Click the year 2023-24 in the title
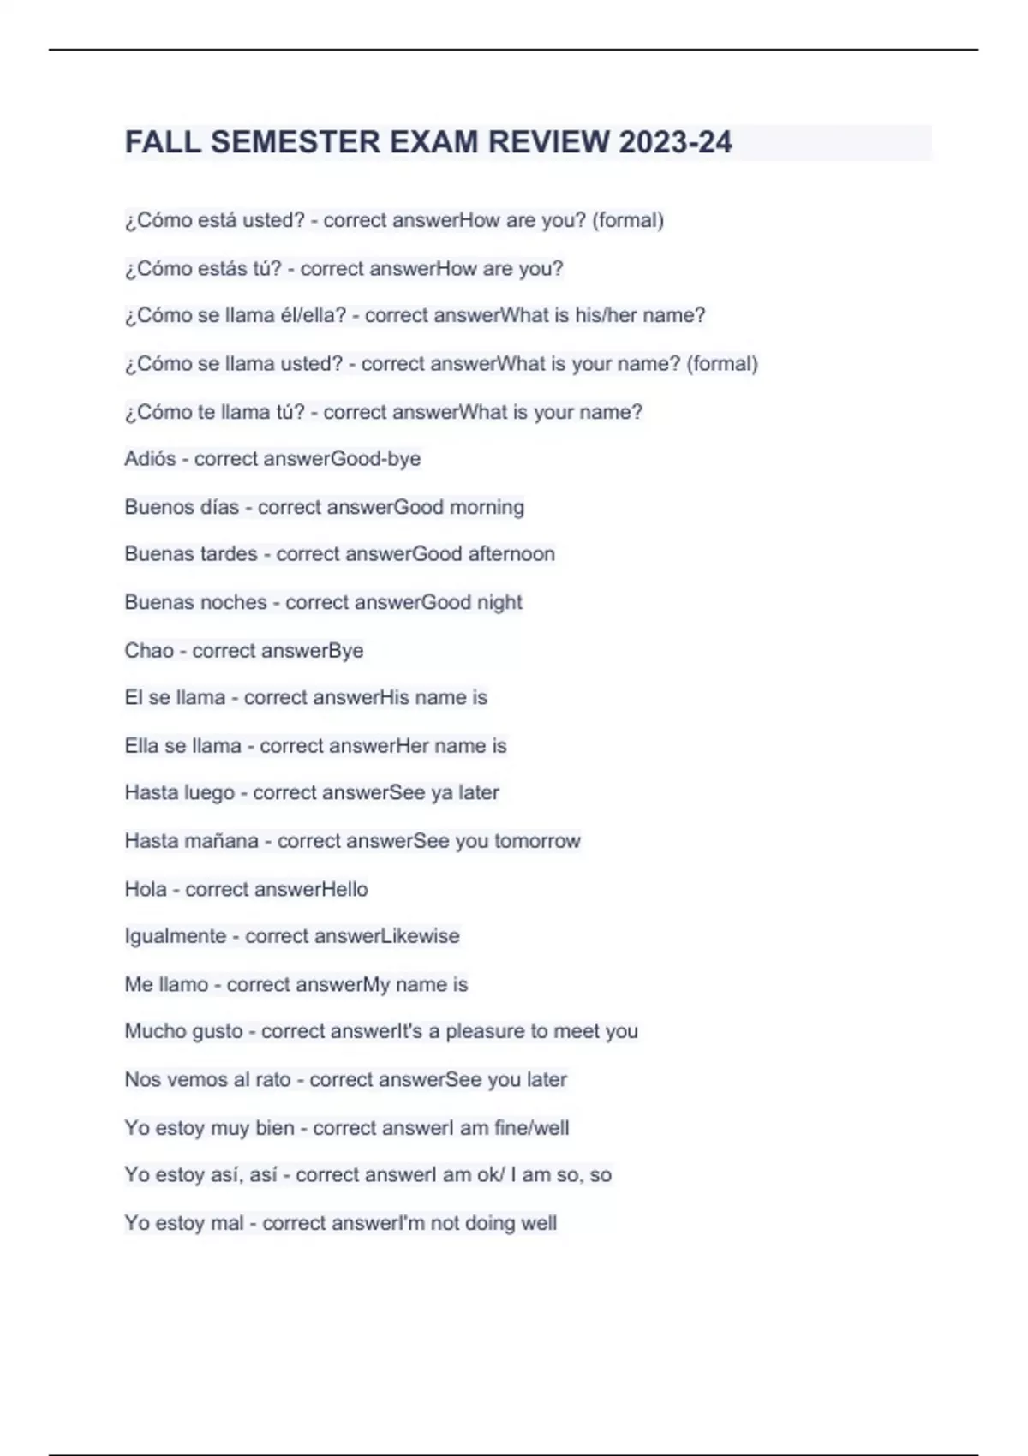coord(675,142)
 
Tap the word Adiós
coord(150,459)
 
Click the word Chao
coord(149,651)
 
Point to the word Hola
coord(146,889)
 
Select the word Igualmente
coord(176,936)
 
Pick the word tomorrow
coord(537,841)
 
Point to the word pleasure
coord(485,1031)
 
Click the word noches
coord(234,602)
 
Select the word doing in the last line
coord(490,1223)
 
